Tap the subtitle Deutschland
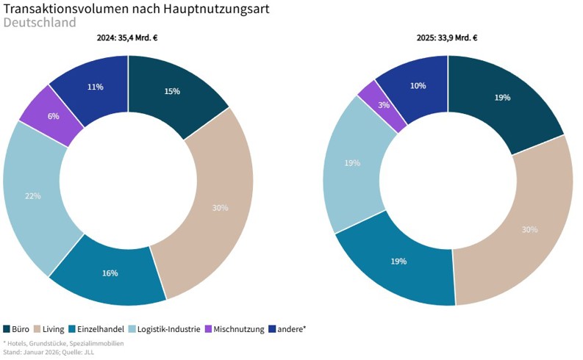(x=40, y=23)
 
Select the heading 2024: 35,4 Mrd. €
(x=128, y=38)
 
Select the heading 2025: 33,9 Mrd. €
(x=447, y=38)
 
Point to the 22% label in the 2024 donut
(x=32, y=196)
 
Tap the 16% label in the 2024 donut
(x=110, y=273)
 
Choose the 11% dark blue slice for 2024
(x=94, y=87)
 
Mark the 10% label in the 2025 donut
(x=418, y=86)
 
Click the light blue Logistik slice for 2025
(x=352, y=163)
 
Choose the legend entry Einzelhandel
(x=96, y=329)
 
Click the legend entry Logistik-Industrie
(x=165, y=329)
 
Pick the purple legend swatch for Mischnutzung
(x=208, y=329)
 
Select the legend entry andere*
(x=287, y=329)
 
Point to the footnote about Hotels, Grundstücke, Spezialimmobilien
(x=63, y=343)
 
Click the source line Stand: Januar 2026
(x=49, y=352)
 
